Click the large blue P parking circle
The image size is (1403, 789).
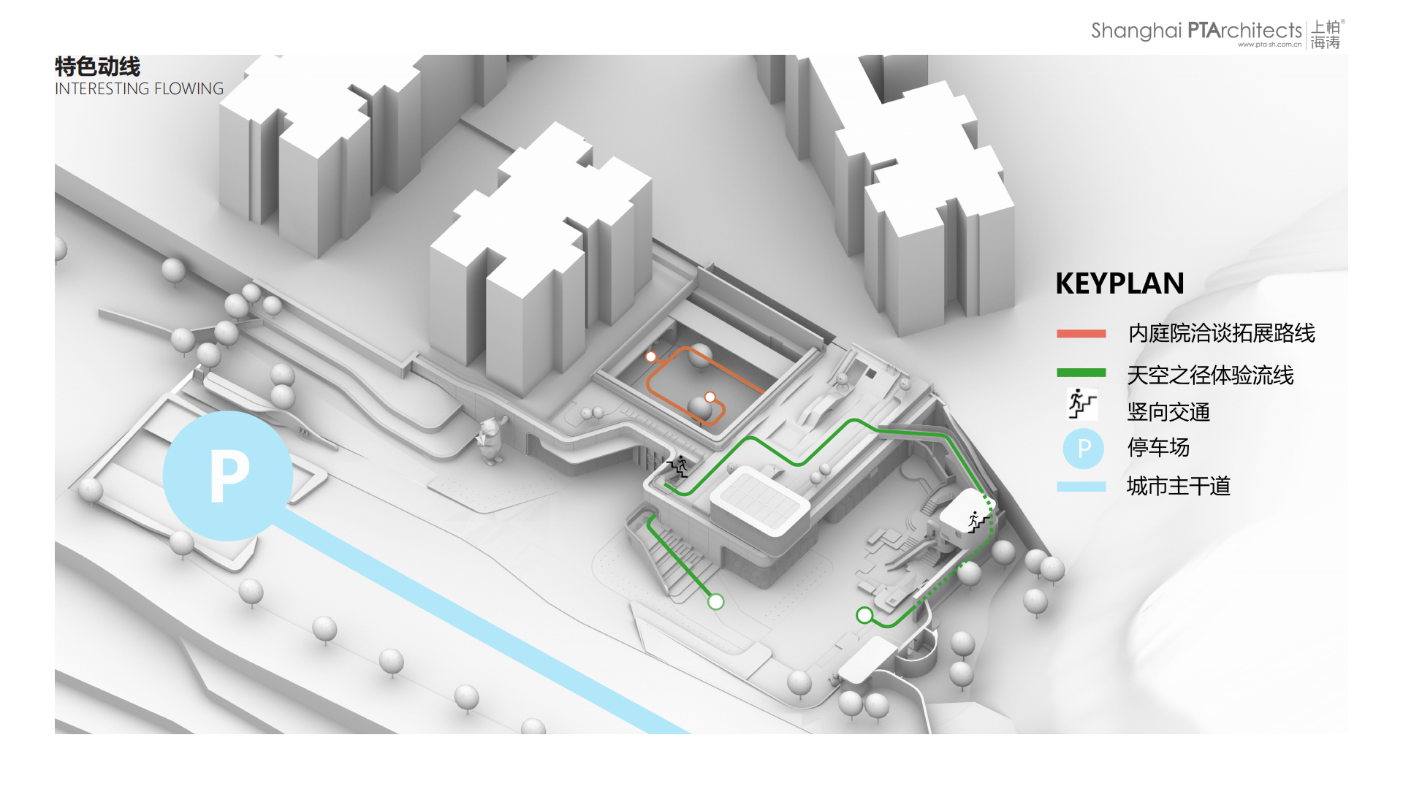point(228,476)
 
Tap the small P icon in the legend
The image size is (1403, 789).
point(1083,448)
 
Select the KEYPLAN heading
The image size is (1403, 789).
point(1119,283)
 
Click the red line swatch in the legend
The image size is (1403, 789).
point(1081,334)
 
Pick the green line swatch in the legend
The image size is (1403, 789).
point(1081,373)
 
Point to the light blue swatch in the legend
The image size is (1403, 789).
point(1081,487)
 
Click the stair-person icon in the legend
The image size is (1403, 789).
point(1082,403)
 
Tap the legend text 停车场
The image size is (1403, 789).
point(1158,447)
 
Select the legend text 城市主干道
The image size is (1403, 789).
point(1179,486)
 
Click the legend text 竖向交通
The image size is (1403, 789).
point(1168,412)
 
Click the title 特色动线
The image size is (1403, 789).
point(97,66)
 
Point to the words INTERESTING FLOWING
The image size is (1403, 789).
point(139,88)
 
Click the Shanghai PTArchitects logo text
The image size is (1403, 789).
point(1196,31)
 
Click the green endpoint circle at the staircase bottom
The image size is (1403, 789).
point(715,601)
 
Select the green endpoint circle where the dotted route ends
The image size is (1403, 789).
point(864,615)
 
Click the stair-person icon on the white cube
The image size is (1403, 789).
point(978,522)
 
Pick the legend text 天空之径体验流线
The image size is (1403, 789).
point(1210,375)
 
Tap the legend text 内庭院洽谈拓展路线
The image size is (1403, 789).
point(1221,333)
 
